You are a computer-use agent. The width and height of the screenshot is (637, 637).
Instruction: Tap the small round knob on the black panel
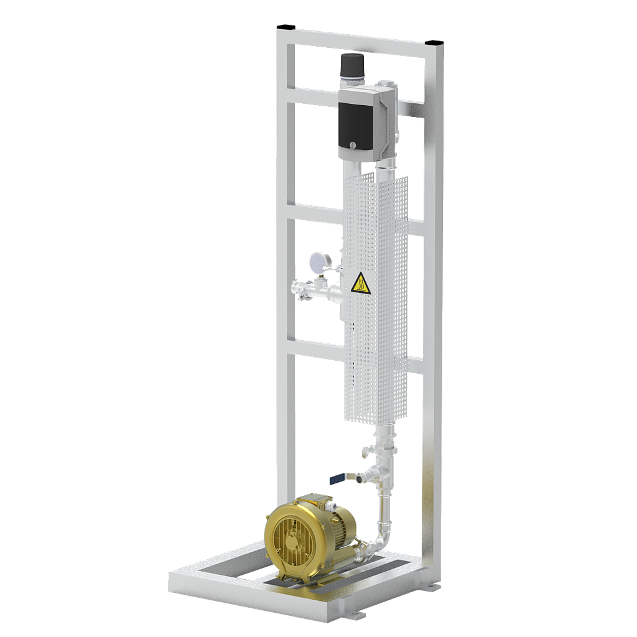pyautogui.click(x=353, y=146)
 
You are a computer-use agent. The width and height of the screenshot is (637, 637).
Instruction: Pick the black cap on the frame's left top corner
pyautogui.click(x=287, y=27)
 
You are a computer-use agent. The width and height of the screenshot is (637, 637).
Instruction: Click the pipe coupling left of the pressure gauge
pyautogui.click(x=300, y=289)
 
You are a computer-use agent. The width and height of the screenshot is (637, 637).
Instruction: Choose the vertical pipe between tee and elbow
pyautogui.click(x=384, y=507)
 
